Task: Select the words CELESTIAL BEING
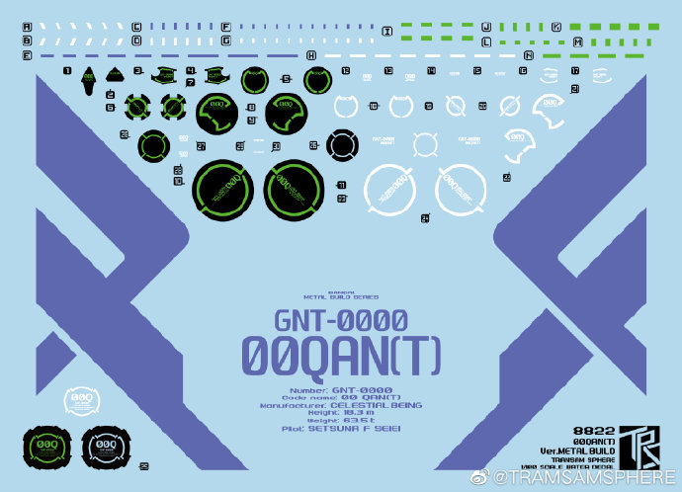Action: click(377, 405)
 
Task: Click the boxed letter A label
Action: click(27, 27)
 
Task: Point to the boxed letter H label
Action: click(312, 56)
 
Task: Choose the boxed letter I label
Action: click(385, 33)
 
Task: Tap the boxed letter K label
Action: click(556, 27)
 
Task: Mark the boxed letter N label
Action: click(529, 56)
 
